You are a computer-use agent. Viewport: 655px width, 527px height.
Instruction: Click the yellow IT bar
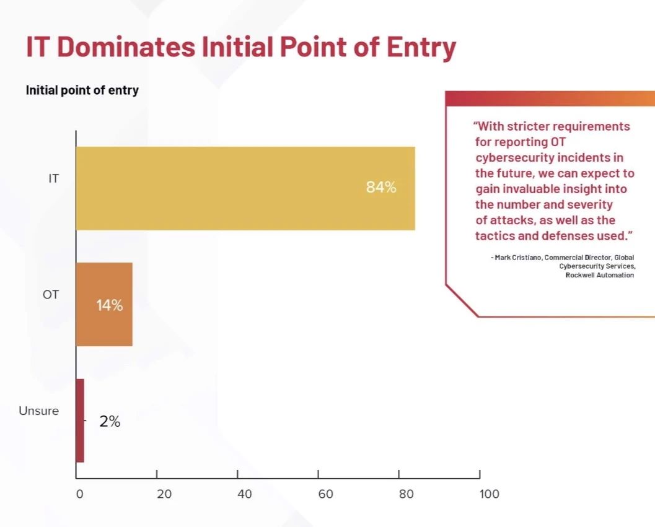click(x=245, y=188)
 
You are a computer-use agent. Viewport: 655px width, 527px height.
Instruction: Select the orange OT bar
click(x=105, y=305)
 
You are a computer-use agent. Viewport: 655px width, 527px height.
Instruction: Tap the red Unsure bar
click(x=80, y=420)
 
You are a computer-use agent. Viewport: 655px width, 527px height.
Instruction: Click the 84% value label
click(x=381, y=187)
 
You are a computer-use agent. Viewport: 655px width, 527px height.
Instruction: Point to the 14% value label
click(x=110, y=306)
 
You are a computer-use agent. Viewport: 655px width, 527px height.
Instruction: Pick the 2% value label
click(x=110, y=422)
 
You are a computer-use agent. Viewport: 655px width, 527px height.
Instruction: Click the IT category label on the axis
click(x=53, y=179)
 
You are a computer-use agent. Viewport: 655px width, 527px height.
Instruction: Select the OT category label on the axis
click(x=51, y=295)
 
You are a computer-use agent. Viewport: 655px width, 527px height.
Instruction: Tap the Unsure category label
click(x=39, y=411)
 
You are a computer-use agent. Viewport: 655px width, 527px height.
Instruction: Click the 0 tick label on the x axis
click(x=80, y=494)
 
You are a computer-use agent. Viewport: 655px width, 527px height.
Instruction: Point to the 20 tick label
click(x=164, y=494)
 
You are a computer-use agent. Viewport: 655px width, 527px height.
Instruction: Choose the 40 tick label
click(x=245, y=494)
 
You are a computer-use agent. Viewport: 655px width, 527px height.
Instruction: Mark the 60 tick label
click(x=325, y=494)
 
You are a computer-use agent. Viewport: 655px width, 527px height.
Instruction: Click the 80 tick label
click(x=406, y=494)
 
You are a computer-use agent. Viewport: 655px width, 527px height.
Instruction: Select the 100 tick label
click(x=489, y=494)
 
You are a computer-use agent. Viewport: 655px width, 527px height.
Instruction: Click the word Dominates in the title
click(x=126, y=46)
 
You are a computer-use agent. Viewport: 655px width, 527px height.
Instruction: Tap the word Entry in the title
click(x=421, y=48)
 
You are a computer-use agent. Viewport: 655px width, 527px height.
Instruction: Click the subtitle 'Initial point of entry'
click(x=82, y=90)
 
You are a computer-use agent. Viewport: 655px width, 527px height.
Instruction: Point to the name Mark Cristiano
click(x=518, y=258)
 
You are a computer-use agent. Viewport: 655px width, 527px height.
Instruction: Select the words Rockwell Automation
click(x=600, y=275)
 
